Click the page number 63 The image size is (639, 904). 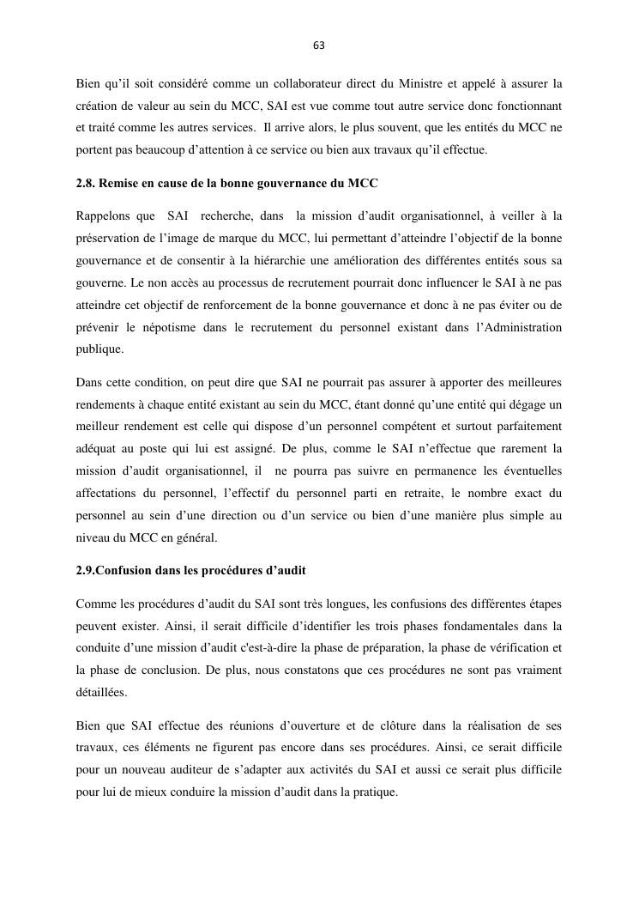pyautogui.click(x=319, y=46)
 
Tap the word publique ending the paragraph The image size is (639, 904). pyautogui.click(x=99, y=349)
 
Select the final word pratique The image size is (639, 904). pyautogui.click(x=375, y=792)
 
